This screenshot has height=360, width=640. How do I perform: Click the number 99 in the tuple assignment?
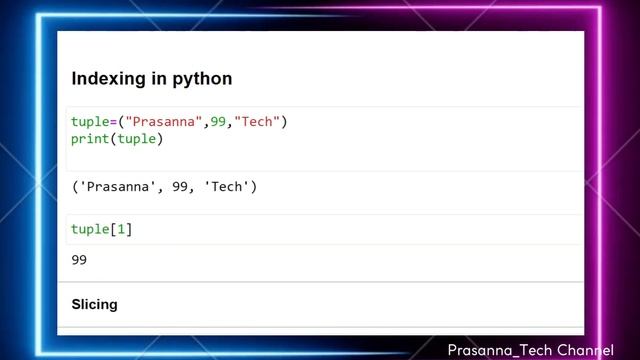[219, 122]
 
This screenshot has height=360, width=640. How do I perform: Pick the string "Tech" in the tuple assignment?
[257, 122]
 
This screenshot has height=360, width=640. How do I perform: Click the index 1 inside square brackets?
[122, 229]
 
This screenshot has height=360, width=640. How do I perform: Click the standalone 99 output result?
[80, 260]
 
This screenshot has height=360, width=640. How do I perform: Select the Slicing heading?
[94, 304]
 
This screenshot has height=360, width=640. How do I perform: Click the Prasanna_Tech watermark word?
[501, 350]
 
